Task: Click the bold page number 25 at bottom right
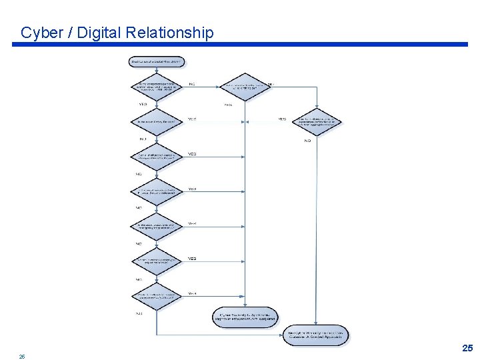[x=467, y=348]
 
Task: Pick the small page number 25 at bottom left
[x=22, y=357]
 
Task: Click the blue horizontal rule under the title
[x=240, y=45]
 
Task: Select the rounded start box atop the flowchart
[x=157, y=61]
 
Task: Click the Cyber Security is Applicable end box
[x=245, y=317]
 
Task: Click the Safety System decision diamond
[x=157, y=121]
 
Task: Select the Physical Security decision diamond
[x=157, y=191]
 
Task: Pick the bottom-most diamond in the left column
[x=157, y=295]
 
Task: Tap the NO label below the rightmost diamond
[x=308, y=141]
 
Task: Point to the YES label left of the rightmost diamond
[x=282, y=119]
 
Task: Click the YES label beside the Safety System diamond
[x=192, y=119]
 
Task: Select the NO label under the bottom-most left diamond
[x=139, y=313]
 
